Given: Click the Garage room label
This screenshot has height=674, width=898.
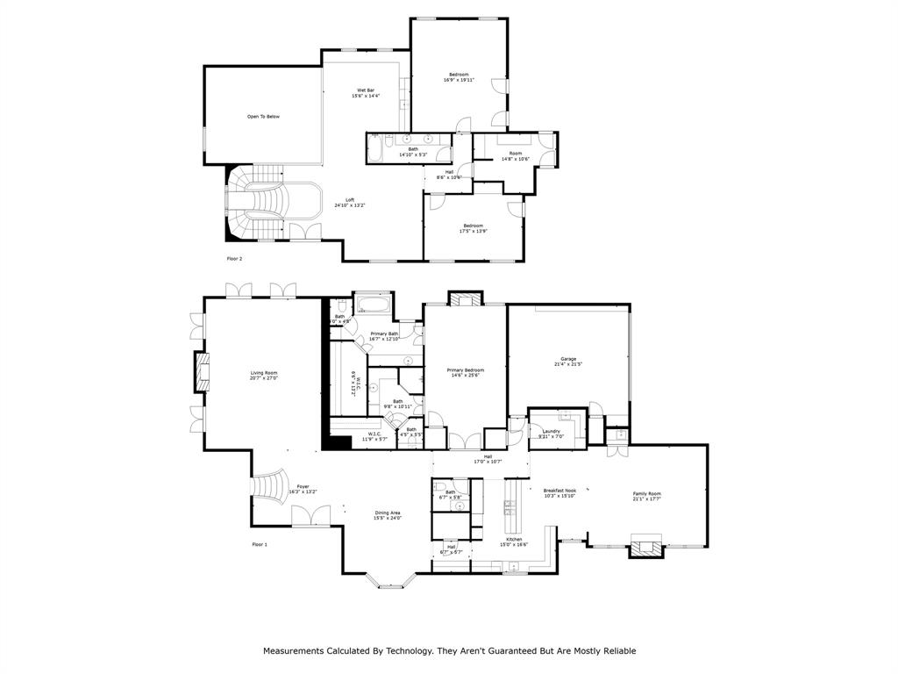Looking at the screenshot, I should coord(568,358).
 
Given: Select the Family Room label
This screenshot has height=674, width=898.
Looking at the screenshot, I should coord(647,493).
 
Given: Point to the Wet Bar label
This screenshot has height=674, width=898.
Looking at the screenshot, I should coord(366,90).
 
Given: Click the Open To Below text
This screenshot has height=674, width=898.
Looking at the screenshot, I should coord(263,117).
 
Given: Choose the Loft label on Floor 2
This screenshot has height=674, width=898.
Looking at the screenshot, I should coord(349,199).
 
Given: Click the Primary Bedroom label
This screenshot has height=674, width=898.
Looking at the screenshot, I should coord(465,369).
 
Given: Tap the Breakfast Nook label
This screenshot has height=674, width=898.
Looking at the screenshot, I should coord(559,491).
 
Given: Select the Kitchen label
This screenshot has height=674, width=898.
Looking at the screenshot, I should coord(514,539).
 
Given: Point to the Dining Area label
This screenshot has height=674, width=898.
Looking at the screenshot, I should coord(388,513).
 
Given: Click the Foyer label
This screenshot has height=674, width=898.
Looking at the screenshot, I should coord(303,485).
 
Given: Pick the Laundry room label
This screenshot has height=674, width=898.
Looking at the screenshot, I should coord(551,431).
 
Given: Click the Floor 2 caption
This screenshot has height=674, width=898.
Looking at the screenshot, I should coord(234,259).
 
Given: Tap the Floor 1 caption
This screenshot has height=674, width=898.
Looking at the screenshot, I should coord(260,545).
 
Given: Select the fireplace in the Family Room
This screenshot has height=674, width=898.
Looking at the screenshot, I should coord(646,548).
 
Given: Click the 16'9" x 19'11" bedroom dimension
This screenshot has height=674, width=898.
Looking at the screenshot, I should coord(460,80).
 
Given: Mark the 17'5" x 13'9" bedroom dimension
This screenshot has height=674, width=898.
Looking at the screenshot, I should coord(472,232).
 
